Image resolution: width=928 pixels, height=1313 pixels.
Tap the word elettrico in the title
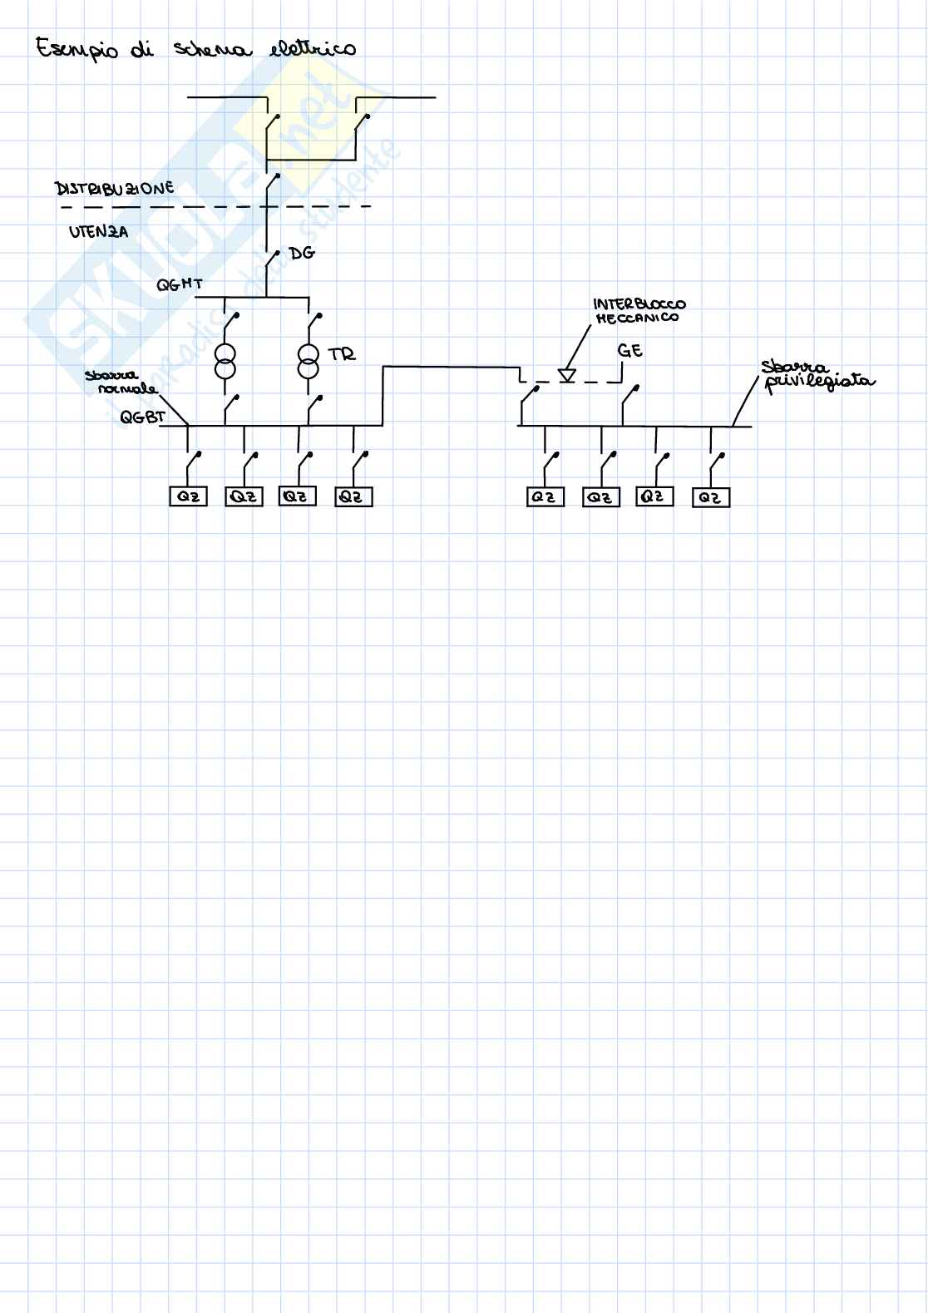pyautogui.click(x=313, y=48)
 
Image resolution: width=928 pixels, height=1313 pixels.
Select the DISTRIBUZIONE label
pyautogui.click(x=115, y=189)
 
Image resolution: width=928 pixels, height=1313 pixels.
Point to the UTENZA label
pyautogui.click(x=98, y=232)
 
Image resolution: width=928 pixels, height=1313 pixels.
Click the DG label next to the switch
pyautogui.click(x=302, y=253)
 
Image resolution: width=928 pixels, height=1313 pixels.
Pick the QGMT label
pyautogui.click(x=180, y=285)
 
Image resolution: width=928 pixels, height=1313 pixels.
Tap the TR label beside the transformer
pyautogui.click(x=342, y=355)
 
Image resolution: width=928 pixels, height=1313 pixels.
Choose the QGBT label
pyautogui.click(x=142, y=417)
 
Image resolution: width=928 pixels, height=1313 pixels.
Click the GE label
pyautogui.click(x=630, y=351)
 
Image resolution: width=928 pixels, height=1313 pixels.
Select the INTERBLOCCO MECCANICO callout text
pyautogui.click(x=639, y=310)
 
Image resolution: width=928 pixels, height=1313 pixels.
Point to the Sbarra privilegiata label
pyautogui.click(x=817, y=375)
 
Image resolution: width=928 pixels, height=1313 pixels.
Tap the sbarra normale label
pyautogui.click(x=121, y=383)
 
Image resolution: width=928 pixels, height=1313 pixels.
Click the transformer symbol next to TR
pyautogui.click(x=309, y=361)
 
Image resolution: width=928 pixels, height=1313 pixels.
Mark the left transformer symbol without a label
pyautogui.click(x=225, y=359)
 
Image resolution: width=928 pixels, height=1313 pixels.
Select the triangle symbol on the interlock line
pyautogui.click(x=567, y=376)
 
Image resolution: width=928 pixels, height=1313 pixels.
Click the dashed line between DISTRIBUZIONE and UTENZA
pyautogui.click(x=216, y=206)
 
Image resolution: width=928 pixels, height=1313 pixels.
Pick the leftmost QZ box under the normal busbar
pyautogui.click(x=188, y=496)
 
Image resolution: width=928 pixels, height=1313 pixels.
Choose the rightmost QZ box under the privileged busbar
pyautogui.click(x=710, y=497)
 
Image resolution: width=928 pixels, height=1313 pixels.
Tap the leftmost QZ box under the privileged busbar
pyautogui.click(x=545, y=496)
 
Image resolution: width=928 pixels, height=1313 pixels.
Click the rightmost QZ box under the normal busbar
pyautogui.click(x=353, y=496)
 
